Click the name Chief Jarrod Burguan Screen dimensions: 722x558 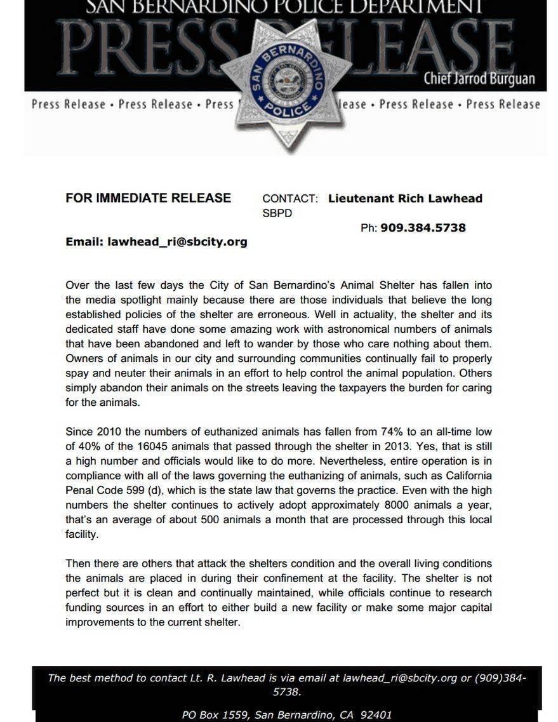point(479,79)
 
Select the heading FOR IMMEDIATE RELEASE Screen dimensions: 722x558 point(148,198)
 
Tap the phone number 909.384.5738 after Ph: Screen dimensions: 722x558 point(423,227)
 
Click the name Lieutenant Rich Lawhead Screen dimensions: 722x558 point(405,198)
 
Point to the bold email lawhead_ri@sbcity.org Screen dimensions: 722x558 point(177,242)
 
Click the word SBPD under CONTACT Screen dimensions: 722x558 point(277,213)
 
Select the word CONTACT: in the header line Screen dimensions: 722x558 point(290,199)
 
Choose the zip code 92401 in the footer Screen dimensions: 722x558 point(376,715)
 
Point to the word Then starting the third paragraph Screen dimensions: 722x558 point(78,563)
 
